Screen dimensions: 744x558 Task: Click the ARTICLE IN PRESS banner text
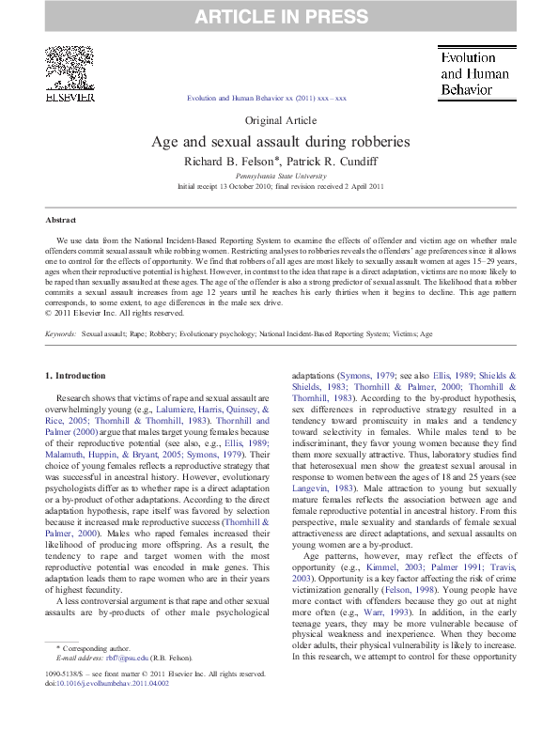pyautogui.click(x=279, y=16)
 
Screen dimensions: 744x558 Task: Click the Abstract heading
pyautogui.click(x=61, y=220)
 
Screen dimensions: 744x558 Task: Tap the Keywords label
pyautogui.click(x=61, y=333)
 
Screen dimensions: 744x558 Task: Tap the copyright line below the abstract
pyautogui.click(x=105, y=313)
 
